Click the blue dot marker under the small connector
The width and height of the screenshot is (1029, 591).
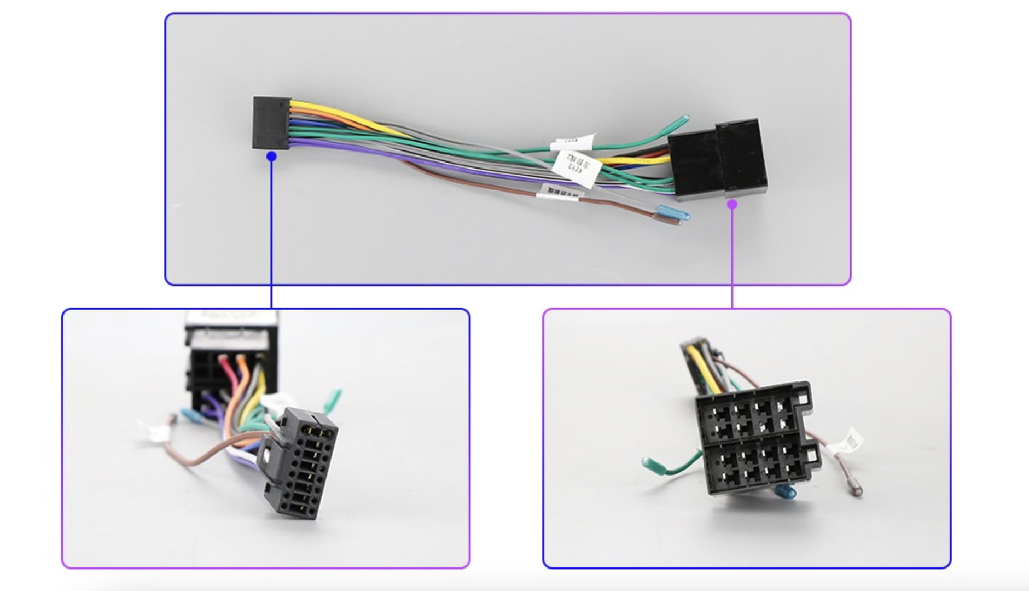pos(271,157)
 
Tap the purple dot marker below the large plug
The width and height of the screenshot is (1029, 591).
pos(732,204)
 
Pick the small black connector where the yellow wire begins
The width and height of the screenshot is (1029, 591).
pos(271,123)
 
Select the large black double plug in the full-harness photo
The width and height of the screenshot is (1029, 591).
pos(718,159)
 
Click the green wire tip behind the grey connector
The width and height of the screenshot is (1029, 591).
pos(333,401)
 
